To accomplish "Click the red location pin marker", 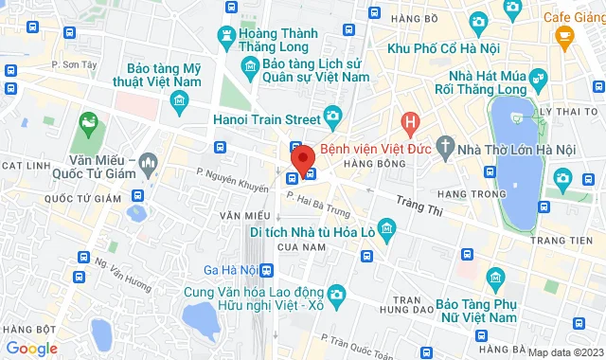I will point(303,156).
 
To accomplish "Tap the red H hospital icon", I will point(409,122).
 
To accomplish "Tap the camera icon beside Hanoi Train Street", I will point(331,117).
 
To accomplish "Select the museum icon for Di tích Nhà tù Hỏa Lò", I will point(385,229).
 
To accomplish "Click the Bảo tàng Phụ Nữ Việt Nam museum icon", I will point(495,277).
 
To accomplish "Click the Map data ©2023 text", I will point(564,352).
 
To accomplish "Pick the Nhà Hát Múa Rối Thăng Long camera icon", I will point(539,78).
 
